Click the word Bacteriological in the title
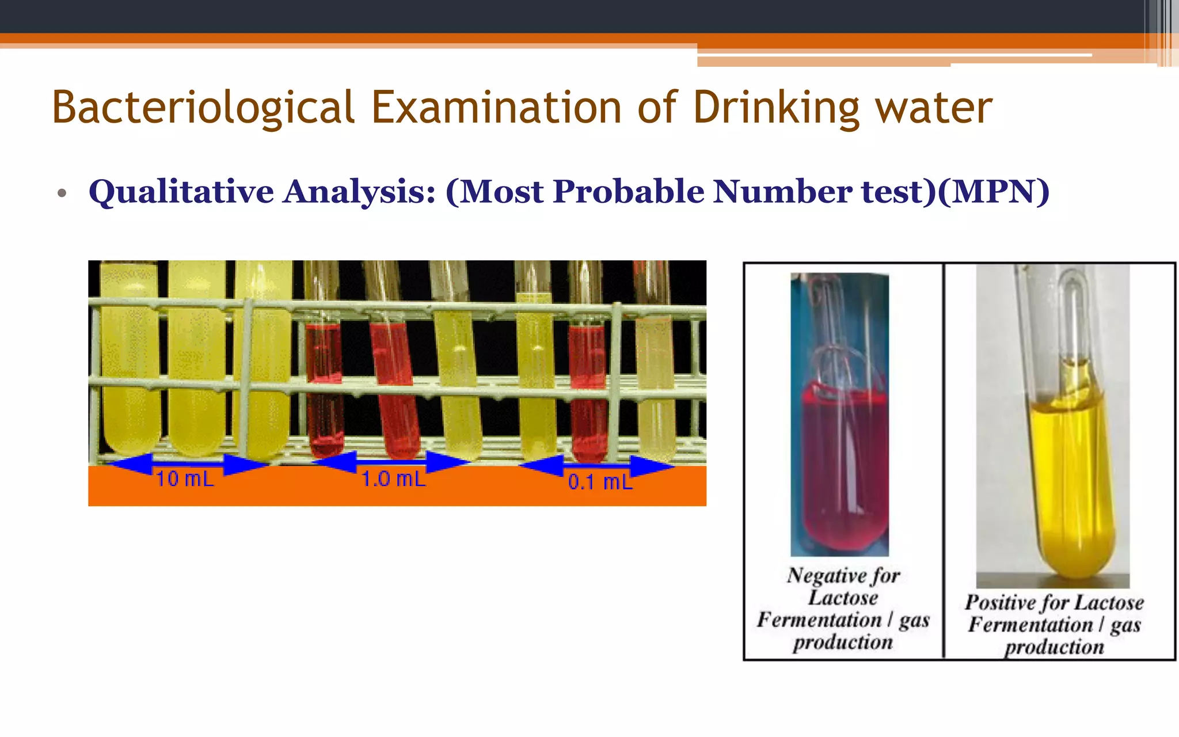[x=203, y=108]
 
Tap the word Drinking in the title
[x=776, y=108]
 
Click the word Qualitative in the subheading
[x=181, y=192]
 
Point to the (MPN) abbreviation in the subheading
[x=994, y=192]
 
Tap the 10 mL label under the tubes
[x=185, y=479]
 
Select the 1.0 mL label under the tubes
[x=393, y=479]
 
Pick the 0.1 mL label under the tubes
[x=600, y=481]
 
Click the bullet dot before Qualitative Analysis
[x=62, y=193]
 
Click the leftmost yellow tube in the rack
[x=130, y=368]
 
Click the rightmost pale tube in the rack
[x=655, y=380]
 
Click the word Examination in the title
[x=496, y=108]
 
